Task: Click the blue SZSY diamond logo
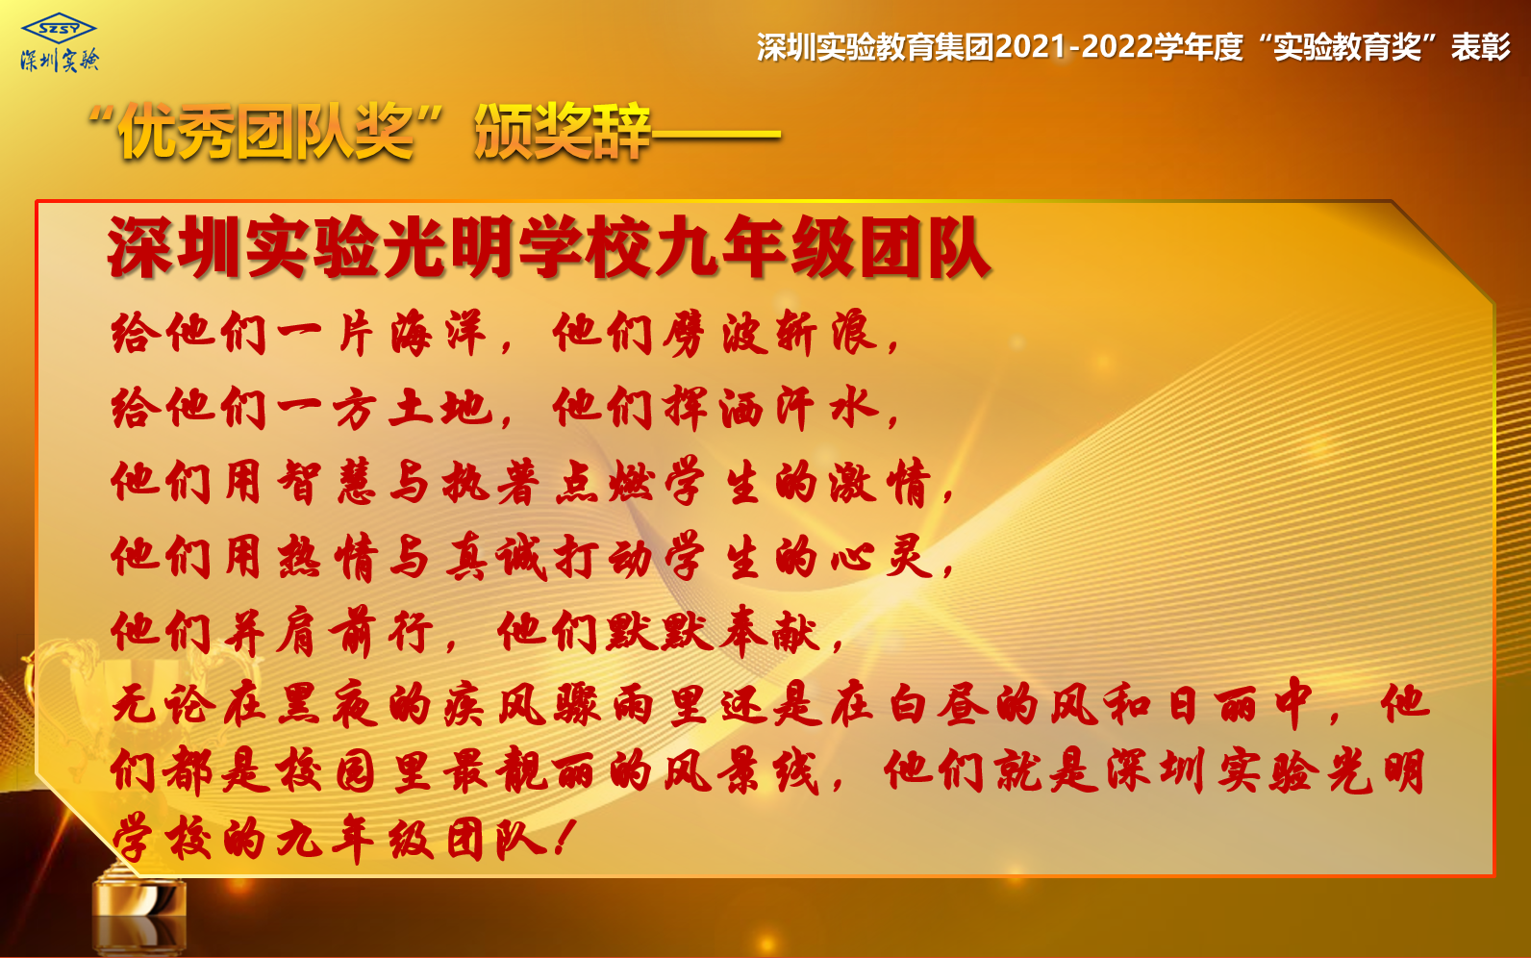[x=59, y=29]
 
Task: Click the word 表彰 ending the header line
[x=1480, y=47]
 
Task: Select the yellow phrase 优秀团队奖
[x=266, y=131]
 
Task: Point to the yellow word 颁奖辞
[x=563, y=131]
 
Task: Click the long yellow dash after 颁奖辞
[x=716, y=134]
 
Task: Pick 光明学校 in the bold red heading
[x=516, y=247]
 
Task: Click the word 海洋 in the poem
[x=439, y=333]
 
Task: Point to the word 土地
[x=439, y=408]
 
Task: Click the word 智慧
[x=326, y=481]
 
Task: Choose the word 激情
[x=881, y=481]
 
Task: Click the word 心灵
[x=882, y=557]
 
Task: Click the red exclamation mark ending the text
[x=564, y=839]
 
